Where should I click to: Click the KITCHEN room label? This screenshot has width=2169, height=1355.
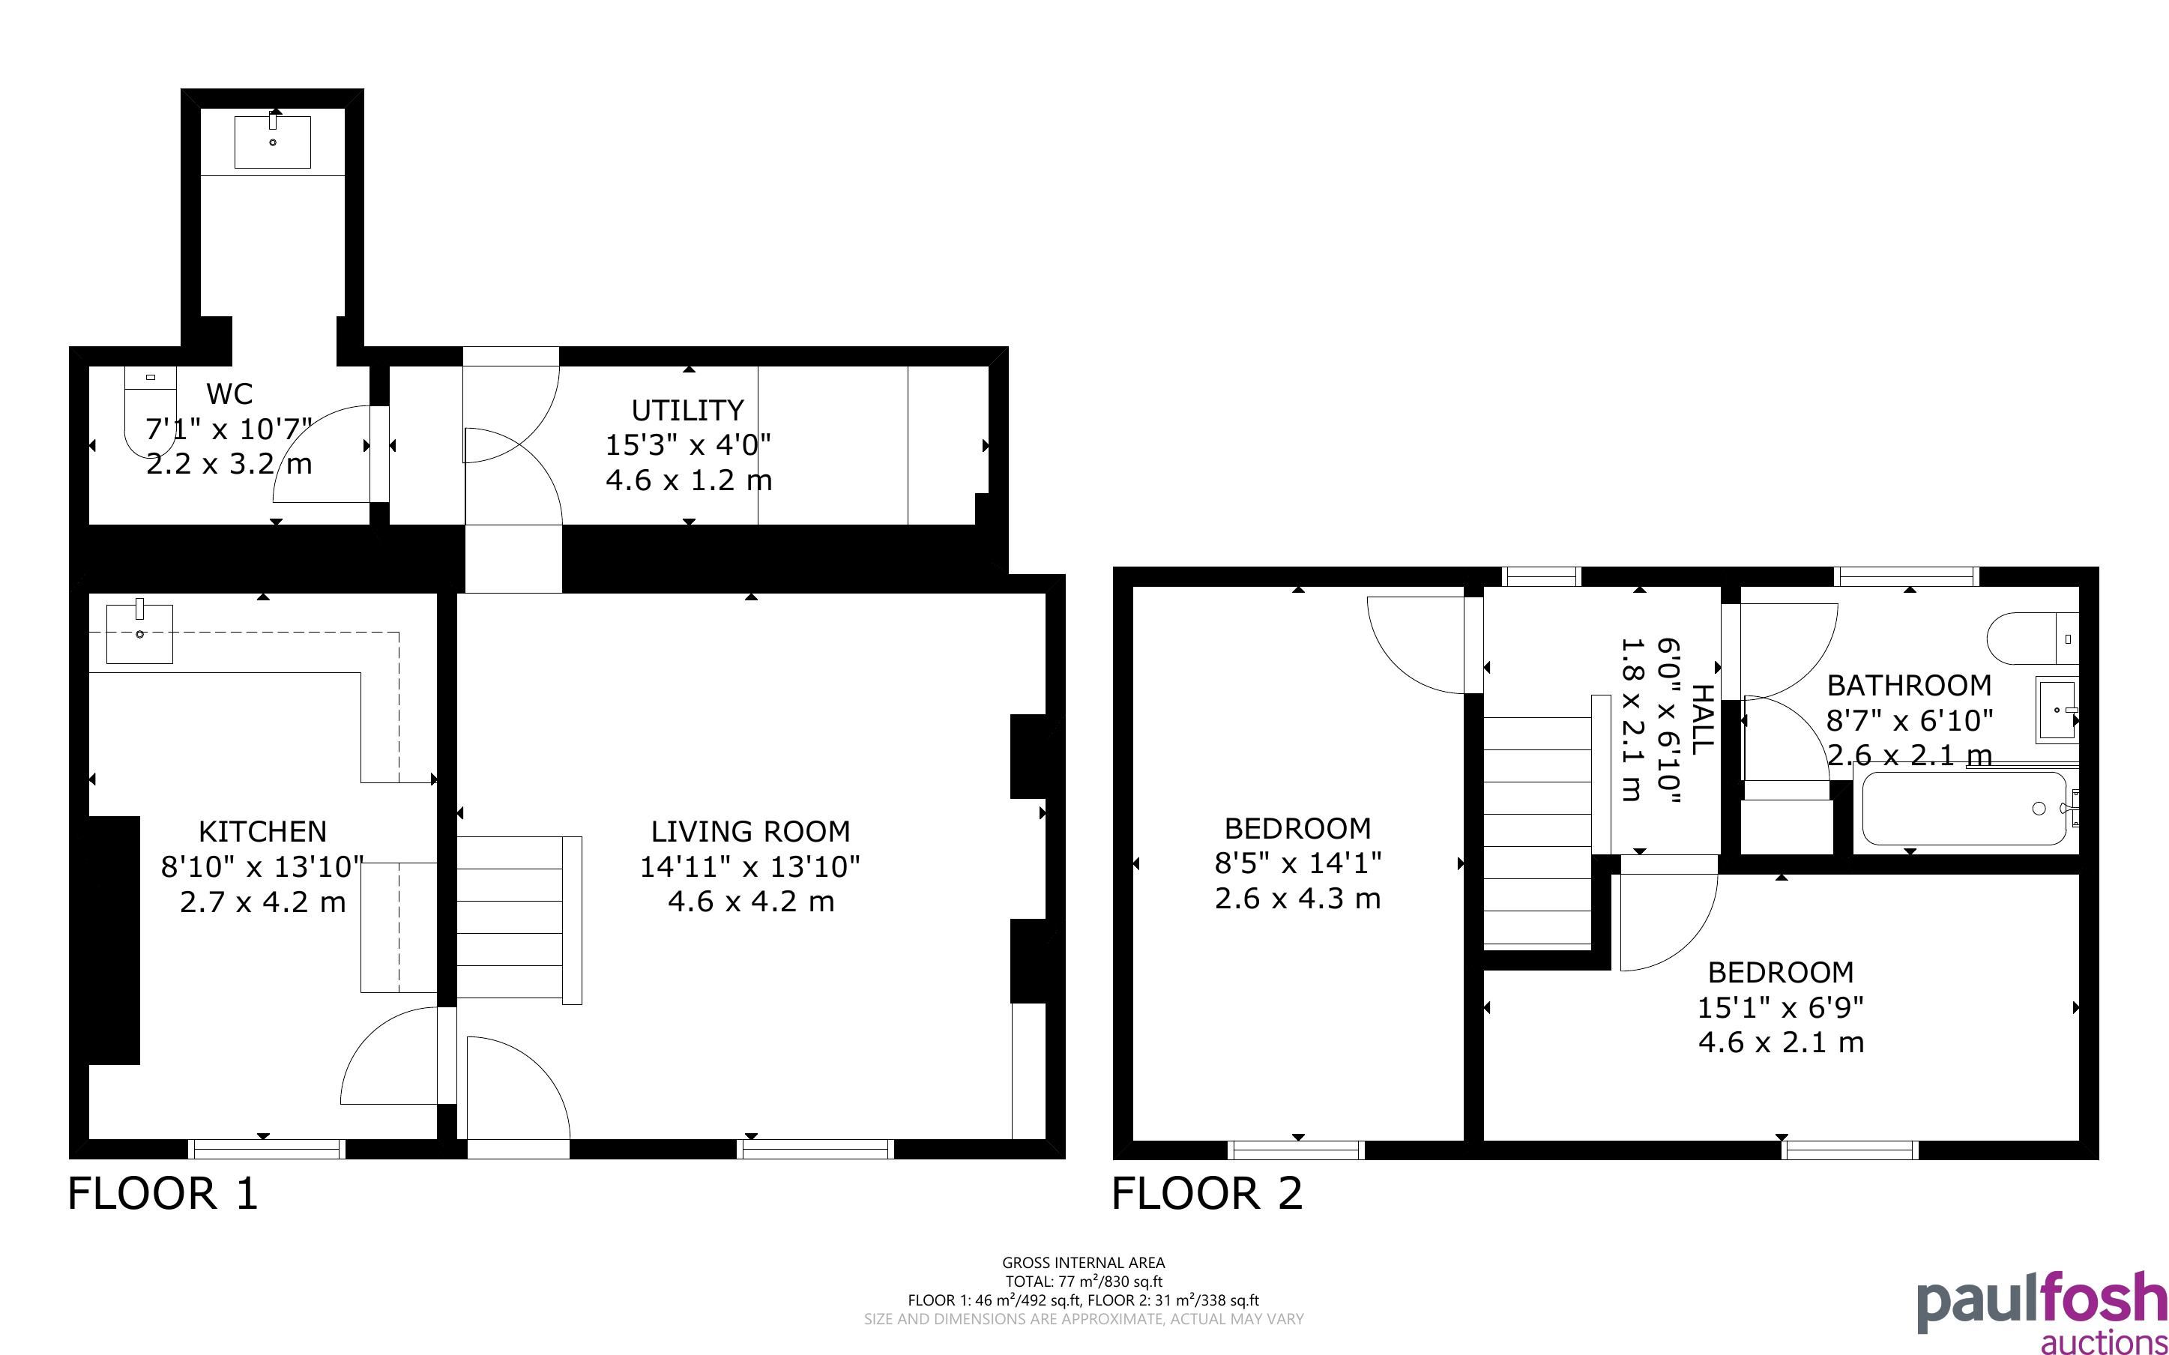pos(262,832)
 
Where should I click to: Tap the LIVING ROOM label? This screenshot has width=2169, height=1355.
pos(751,832)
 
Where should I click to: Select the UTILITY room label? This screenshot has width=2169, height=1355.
pos(688,411)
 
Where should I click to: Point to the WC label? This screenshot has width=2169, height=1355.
pos(229,393)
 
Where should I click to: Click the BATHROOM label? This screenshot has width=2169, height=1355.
pos(1909,686)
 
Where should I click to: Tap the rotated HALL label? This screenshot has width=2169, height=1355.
pos(1701,718)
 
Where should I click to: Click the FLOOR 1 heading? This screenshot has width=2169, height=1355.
pos(163,1194)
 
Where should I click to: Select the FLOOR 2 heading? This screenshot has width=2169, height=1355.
pos(1207,1194)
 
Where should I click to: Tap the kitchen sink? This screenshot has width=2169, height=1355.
pos(139,632)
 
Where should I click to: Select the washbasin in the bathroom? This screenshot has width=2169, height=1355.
pos(2057,710)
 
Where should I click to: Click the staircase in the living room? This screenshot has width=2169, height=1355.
pos(519,920)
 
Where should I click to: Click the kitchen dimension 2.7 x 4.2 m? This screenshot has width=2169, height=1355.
pos(262,902)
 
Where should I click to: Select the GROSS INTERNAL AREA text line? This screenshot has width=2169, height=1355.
pos(1084,1264)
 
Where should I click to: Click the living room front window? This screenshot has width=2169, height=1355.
pos(815,1149)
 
